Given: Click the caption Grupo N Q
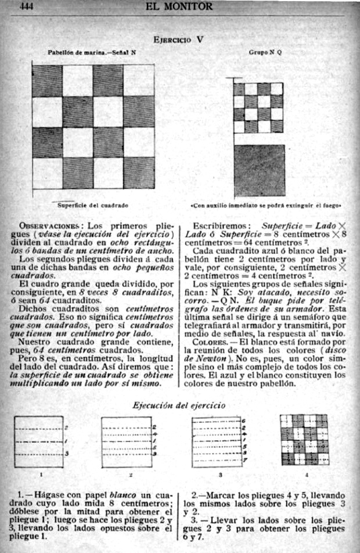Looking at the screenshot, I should click(265, 52).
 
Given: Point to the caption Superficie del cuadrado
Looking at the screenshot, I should click(92, 205).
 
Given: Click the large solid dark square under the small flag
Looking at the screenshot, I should click(259, 171).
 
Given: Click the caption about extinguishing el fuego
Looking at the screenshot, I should click(265, 205).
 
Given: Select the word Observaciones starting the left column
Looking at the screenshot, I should click(49, 225).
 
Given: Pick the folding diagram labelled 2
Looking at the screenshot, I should click(126, 441).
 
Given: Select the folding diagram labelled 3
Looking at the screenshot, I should click(216, 441).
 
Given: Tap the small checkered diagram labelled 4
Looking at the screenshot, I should click(304, 440).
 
